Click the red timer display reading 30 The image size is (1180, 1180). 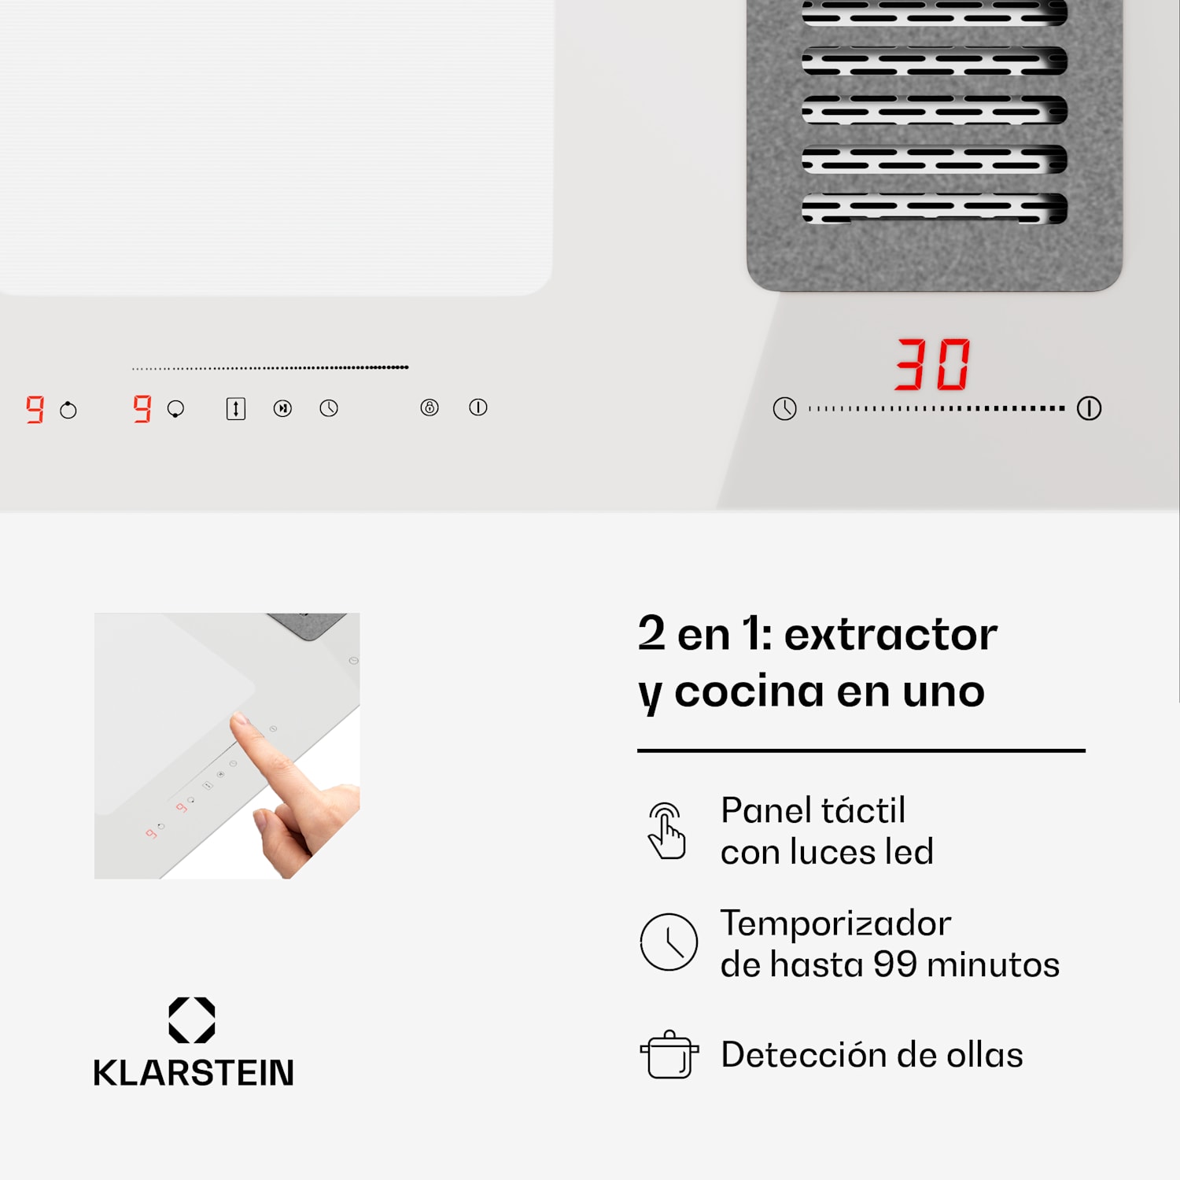click(933, 364)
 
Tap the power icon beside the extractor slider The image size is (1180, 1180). click(1089, 408)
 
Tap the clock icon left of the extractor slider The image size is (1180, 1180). click(784, 408)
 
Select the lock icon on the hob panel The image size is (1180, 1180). click(430, 407)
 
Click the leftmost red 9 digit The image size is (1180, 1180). click(35, 409)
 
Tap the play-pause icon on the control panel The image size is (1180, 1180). click(282, 408)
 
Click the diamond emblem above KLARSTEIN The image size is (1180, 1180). click(192, 1020)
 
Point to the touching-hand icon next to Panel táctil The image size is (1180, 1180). click(666, 831)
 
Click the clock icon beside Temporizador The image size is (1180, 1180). click(669, 942)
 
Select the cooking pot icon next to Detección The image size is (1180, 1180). click(669, 1055)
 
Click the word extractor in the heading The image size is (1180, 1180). click(891, 634)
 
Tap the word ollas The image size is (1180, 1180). click(985, 1055)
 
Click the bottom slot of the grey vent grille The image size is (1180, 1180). click(934, 208)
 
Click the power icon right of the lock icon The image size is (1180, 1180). click(478, 407)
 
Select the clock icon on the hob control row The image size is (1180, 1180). click(329, 408)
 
